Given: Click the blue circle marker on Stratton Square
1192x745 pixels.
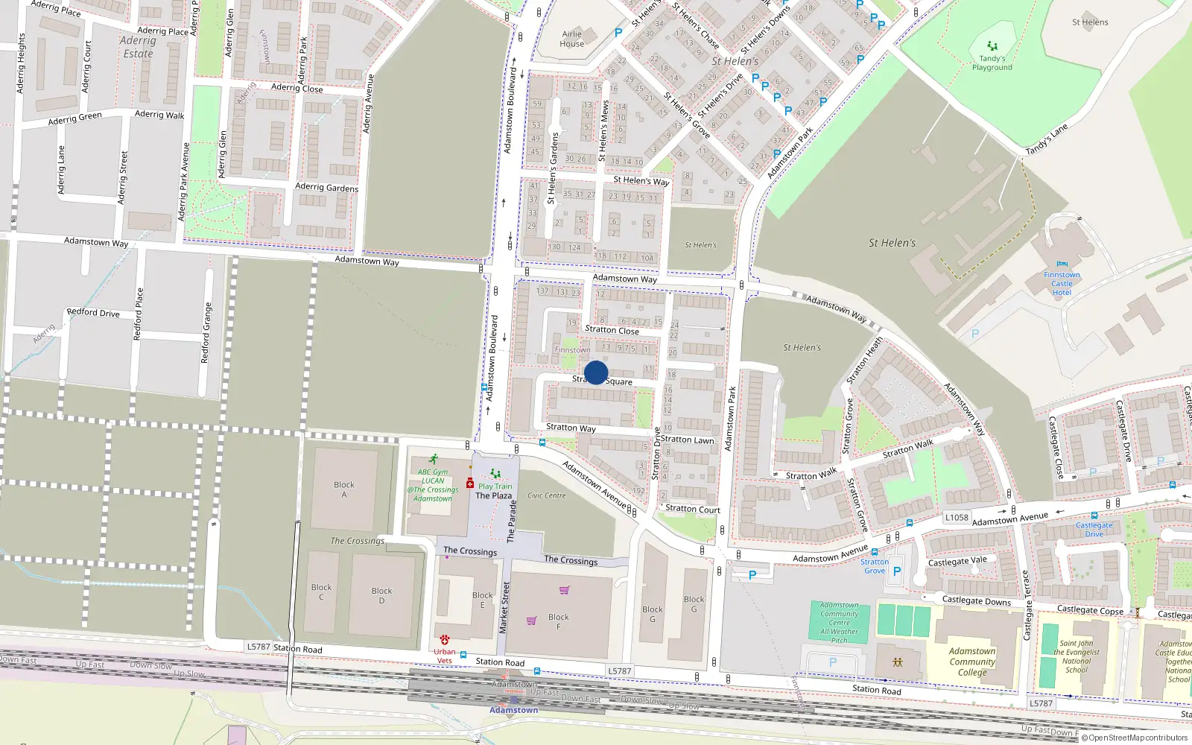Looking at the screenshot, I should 596,372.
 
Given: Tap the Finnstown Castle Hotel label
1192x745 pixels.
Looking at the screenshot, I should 1062,284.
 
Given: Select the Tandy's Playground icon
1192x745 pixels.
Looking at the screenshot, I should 992,46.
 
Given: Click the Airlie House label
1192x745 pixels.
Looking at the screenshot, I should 572,39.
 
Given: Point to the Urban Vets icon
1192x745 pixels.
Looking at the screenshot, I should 445,640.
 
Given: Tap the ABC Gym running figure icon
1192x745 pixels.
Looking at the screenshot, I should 434,460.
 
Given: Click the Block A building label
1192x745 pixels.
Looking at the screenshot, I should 344,489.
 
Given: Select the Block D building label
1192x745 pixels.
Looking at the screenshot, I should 381,595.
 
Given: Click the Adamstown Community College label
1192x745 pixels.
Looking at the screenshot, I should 972,662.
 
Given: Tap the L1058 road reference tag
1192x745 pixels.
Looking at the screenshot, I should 957,517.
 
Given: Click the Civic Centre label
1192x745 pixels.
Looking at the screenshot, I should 547,495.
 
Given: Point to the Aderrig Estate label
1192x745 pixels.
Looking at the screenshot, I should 138,48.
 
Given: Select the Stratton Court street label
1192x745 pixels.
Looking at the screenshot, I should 693,509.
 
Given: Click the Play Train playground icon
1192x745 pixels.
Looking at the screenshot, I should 495,474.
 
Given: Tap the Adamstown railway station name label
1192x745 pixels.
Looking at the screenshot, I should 513,710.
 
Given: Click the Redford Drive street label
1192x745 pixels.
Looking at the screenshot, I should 93,312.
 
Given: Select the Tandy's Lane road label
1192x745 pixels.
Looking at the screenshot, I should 1047,139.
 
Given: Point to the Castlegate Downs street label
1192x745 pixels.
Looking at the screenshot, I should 977,600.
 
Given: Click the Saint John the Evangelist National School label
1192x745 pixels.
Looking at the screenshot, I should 1077,656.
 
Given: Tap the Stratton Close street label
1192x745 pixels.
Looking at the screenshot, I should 612,330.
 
